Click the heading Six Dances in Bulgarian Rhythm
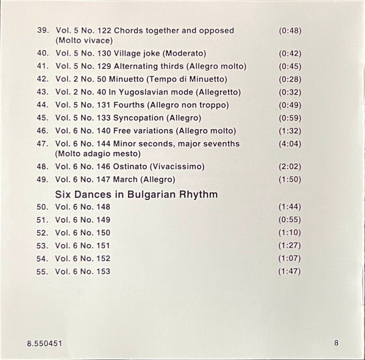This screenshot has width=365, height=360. click(x=136, y=195)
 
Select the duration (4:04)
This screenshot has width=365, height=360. click(x=289, y=144)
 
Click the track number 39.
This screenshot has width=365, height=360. click(x=42, y=31)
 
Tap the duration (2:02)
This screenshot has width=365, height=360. click(x=289, y=166)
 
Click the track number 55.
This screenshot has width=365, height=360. click(x=42, y=272)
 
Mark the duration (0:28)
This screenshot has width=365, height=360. click(x=289, y=79)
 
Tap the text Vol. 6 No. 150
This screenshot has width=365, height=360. click(x=83, y=233)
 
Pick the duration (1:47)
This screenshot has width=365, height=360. click(x=289, y=272)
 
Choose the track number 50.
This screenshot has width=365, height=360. click(x=42, y=207)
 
